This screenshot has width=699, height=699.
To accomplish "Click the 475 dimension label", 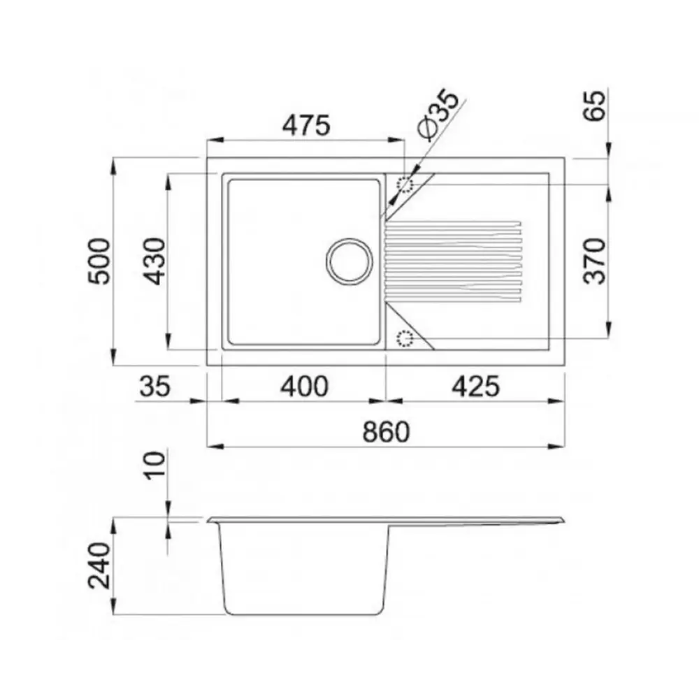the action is tap(306, 125).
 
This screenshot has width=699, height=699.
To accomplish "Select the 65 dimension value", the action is tap(595, 106).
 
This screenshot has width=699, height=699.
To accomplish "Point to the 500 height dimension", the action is tap(99, 261).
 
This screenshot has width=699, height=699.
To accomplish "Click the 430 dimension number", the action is tap(154, 261).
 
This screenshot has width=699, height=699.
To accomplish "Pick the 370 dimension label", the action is tap(595, 261).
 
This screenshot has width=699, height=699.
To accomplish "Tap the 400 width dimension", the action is tap(305, 387).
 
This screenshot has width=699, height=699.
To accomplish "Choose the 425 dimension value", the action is tap(475, 387).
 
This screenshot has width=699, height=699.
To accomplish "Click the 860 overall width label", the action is tap(386, 432).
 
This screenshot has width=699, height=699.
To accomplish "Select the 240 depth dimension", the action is tap(99, 565).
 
